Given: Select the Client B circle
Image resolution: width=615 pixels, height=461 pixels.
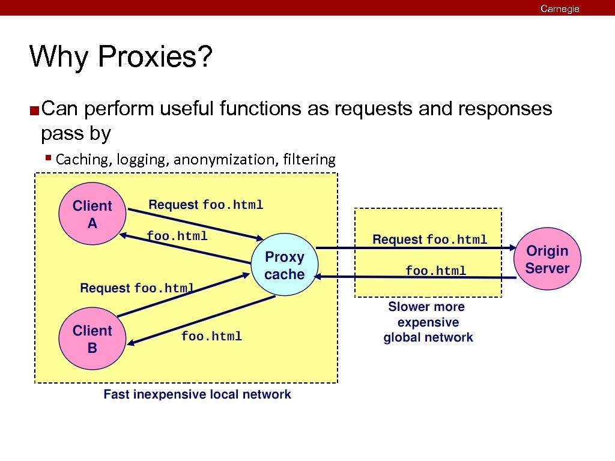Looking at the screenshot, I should [x=92, y=339].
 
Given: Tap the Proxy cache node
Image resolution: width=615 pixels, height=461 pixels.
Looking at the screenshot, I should [x=285, y=266].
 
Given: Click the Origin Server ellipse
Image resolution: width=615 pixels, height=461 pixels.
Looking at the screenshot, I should [x=547, y=259].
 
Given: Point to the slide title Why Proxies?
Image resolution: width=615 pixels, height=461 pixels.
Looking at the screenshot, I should [x=120, y=58].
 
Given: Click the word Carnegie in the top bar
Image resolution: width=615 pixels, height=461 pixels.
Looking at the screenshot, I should [x=560, y=8].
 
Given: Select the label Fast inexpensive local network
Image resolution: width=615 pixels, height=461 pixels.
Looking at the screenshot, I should [x=197, y=394].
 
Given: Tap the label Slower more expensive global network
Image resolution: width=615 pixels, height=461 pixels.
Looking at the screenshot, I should [x=428, y=322].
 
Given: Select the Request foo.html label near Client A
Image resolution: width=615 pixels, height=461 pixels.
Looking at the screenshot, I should [x=205, y=205].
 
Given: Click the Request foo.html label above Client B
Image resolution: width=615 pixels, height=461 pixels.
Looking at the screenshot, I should [x=137, y=288].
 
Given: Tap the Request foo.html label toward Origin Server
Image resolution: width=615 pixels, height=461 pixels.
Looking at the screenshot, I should [x=429, y=240].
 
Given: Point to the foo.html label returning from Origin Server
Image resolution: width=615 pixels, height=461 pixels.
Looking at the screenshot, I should [x=435, y=271].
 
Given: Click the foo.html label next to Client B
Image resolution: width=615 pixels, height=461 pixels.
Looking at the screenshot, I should [x=211, y=336].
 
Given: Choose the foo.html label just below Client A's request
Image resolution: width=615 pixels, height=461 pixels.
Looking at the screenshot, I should [x=177, y=236].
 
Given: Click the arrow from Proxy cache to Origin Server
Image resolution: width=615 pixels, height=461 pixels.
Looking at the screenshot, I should [x=414, y=247].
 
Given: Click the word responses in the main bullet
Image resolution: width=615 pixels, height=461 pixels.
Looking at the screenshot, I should [x=504, y=109].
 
